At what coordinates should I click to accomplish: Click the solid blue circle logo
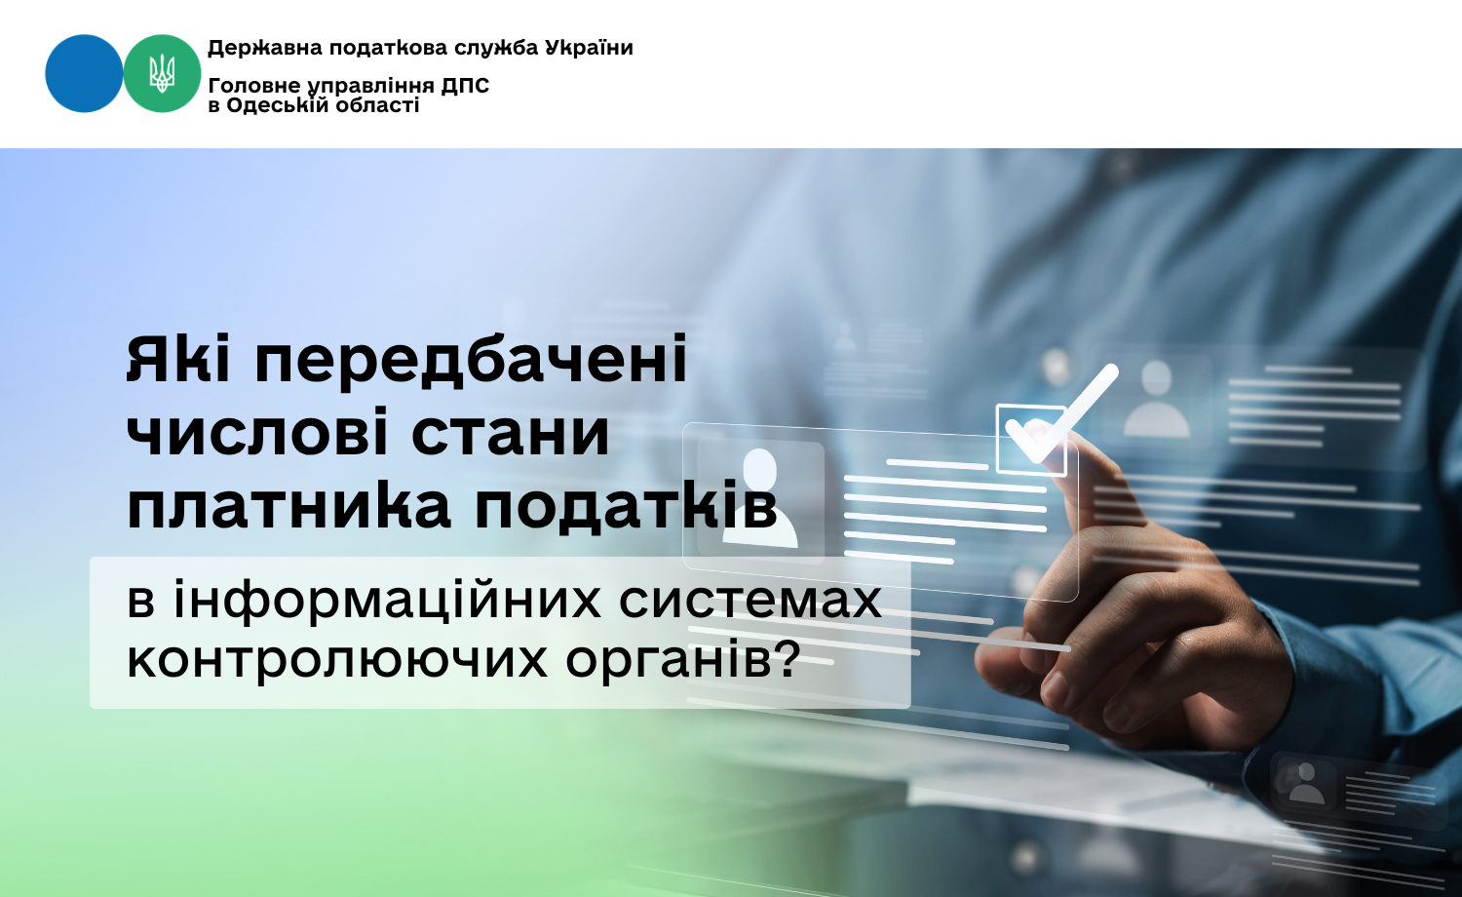pos(84,73)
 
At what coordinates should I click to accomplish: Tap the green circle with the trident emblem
pos(162,73)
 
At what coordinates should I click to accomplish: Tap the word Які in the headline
pos(177,359)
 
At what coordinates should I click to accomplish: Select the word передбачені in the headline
pos(471,360)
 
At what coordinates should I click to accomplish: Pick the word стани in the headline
pos(511,434)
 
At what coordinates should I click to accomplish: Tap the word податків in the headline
pos(626,506)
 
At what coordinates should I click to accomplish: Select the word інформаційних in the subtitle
pos(387,601)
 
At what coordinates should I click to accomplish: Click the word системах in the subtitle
pos(750,602)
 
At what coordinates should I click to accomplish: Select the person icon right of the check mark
pos(1157,400)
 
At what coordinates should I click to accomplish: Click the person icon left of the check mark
pos(760,497)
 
